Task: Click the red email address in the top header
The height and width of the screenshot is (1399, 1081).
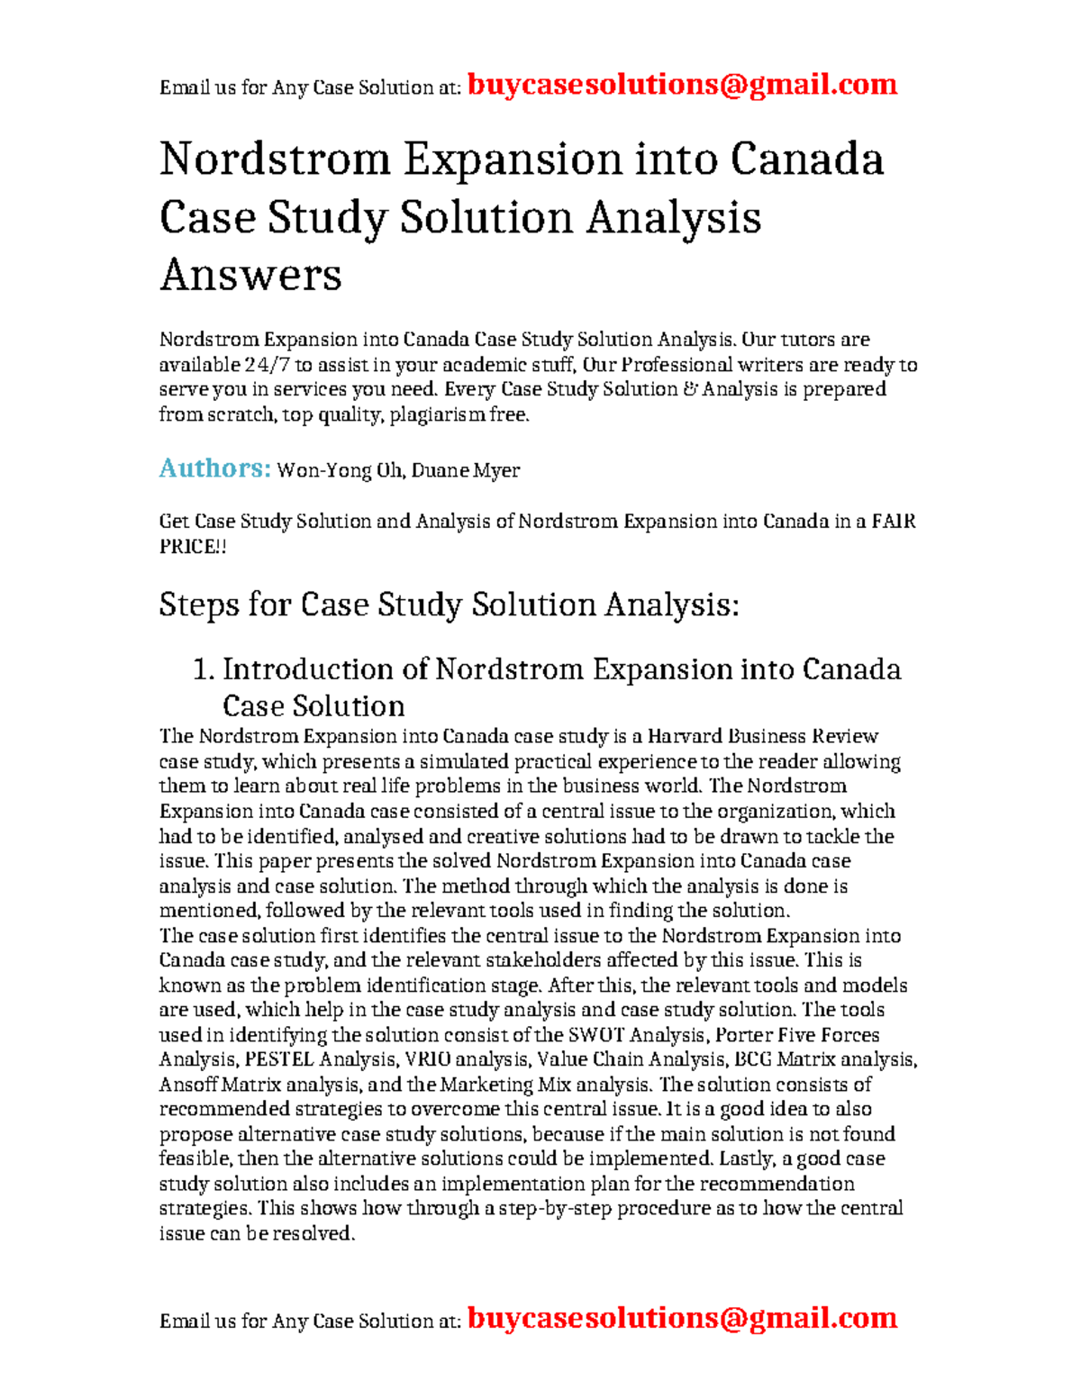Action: pos(682,85)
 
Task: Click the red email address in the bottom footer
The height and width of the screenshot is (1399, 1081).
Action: pos(682,1318)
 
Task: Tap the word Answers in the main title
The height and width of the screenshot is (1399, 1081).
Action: pos(250,275)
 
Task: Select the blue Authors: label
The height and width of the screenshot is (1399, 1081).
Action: pos(214,468)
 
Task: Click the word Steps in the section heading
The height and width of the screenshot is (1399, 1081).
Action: pos(198,604)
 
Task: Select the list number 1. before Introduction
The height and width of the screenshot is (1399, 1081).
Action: pos(204,669)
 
